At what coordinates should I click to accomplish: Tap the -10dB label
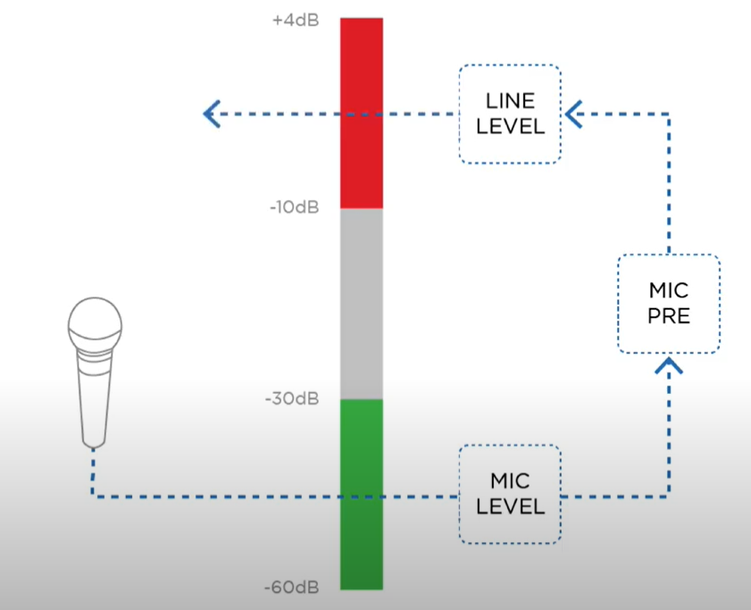click(293, 208)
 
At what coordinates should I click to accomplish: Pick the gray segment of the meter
click(362, 304)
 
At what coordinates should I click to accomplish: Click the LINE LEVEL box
click(510, 114)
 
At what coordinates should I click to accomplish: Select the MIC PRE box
click(669, 304)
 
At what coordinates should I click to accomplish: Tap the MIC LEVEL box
click(510, 494)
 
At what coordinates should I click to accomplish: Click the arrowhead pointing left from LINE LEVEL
click(212, 114)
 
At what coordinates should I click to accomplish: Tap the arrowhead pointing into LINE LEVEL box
click(574, 114)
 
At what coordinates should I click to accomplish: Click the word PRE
click(669, 315)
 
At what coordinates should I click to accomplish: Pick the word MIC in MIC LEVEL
click(510, 482)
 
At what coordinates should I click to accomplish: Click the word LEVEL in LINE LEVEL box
click(510, 126)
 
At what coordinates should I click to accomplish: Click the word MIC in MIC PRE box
click(669, 292)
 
